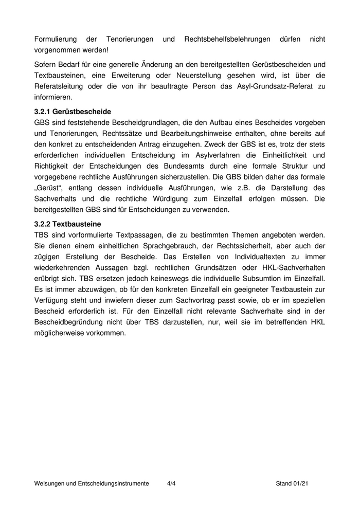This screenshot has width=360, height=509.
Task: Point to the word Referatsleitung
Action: click(60, 86)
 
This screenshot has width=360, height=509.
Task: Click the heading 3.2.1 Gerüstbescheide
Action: click(73, 112)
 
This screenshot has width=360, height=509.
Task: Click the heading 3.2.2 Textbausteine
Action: click(67, 224)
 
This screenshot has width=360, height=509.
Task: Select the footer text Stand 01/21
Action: click(292, 484)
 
